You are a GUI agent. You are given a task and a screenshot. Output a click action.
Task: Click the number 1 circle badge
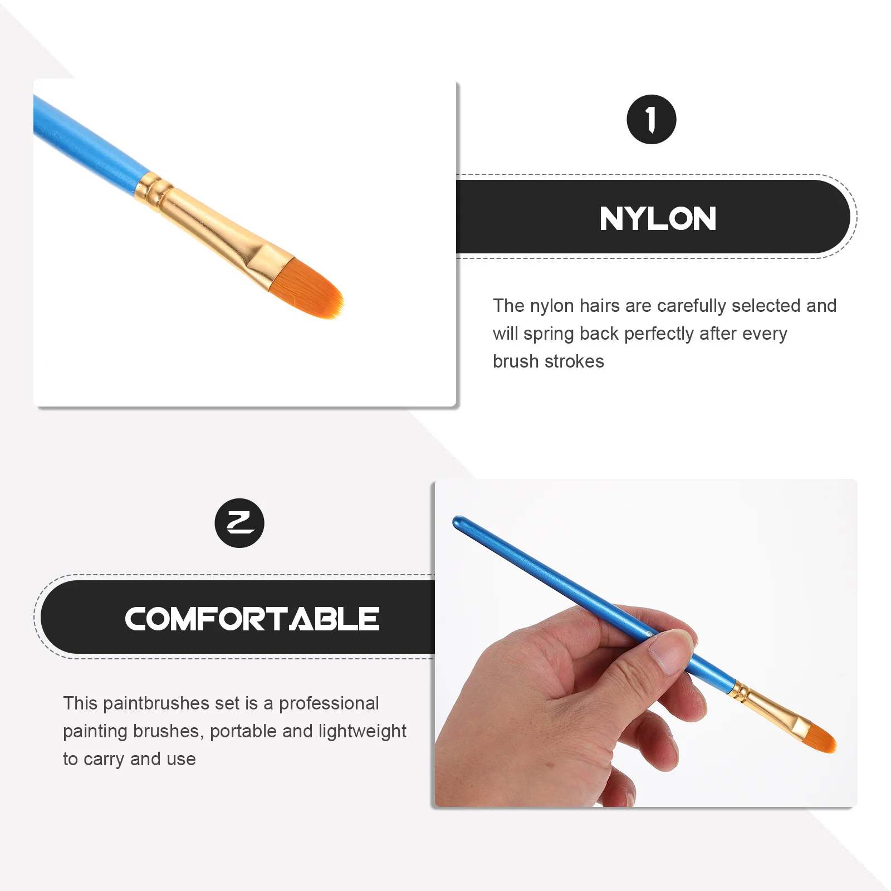click(651, 120)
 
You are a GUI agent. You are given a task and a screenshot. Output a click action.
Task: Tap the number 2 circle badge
click(239, 523)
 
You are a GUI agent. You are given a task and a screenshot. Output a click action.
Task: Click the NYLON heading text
click(658, 218)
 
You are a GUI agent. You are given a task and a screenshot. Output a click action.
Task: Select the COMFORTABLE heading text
click(252, 619)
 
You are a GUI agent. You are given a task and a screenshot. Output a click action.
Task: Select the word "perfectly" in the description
click(659, 334)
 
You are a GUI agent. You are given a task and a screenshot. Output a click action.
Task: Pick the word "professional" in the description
click(329, 703)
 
